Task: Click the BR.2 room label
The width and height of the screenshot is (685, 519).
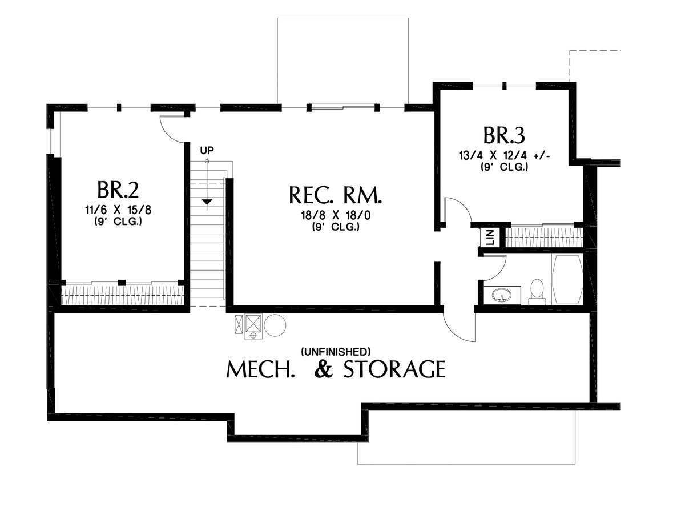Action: (x=118, y=190)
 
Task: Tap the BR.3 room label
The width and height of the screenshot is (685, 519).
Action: (x=504, y=135)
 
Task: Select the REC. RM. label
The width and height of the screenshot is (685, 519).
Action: (x=336, y=195)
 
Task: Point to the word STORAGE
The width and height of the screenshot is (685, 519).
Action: (x=394, y=369)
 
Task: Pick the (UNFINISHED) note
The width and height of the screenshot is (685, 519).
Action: (x=336, y=352)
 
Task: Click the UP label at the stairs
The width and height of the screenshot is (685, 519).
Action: (x=207, y=150)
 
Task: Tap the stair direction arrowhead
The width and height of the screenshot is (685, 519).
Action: (x=207, y=202)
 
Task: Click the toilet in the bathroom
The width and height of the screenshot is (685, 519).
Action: (x=537, y=292)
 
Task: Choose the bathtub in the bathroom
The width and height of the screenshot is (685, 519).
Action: (x=567, y=279)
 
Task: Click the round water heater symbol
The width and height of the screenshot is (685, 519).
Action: (x=275, y=325)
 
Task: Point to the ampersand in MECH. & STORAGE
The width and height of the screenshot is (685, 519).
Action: (x=324, y=369)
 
